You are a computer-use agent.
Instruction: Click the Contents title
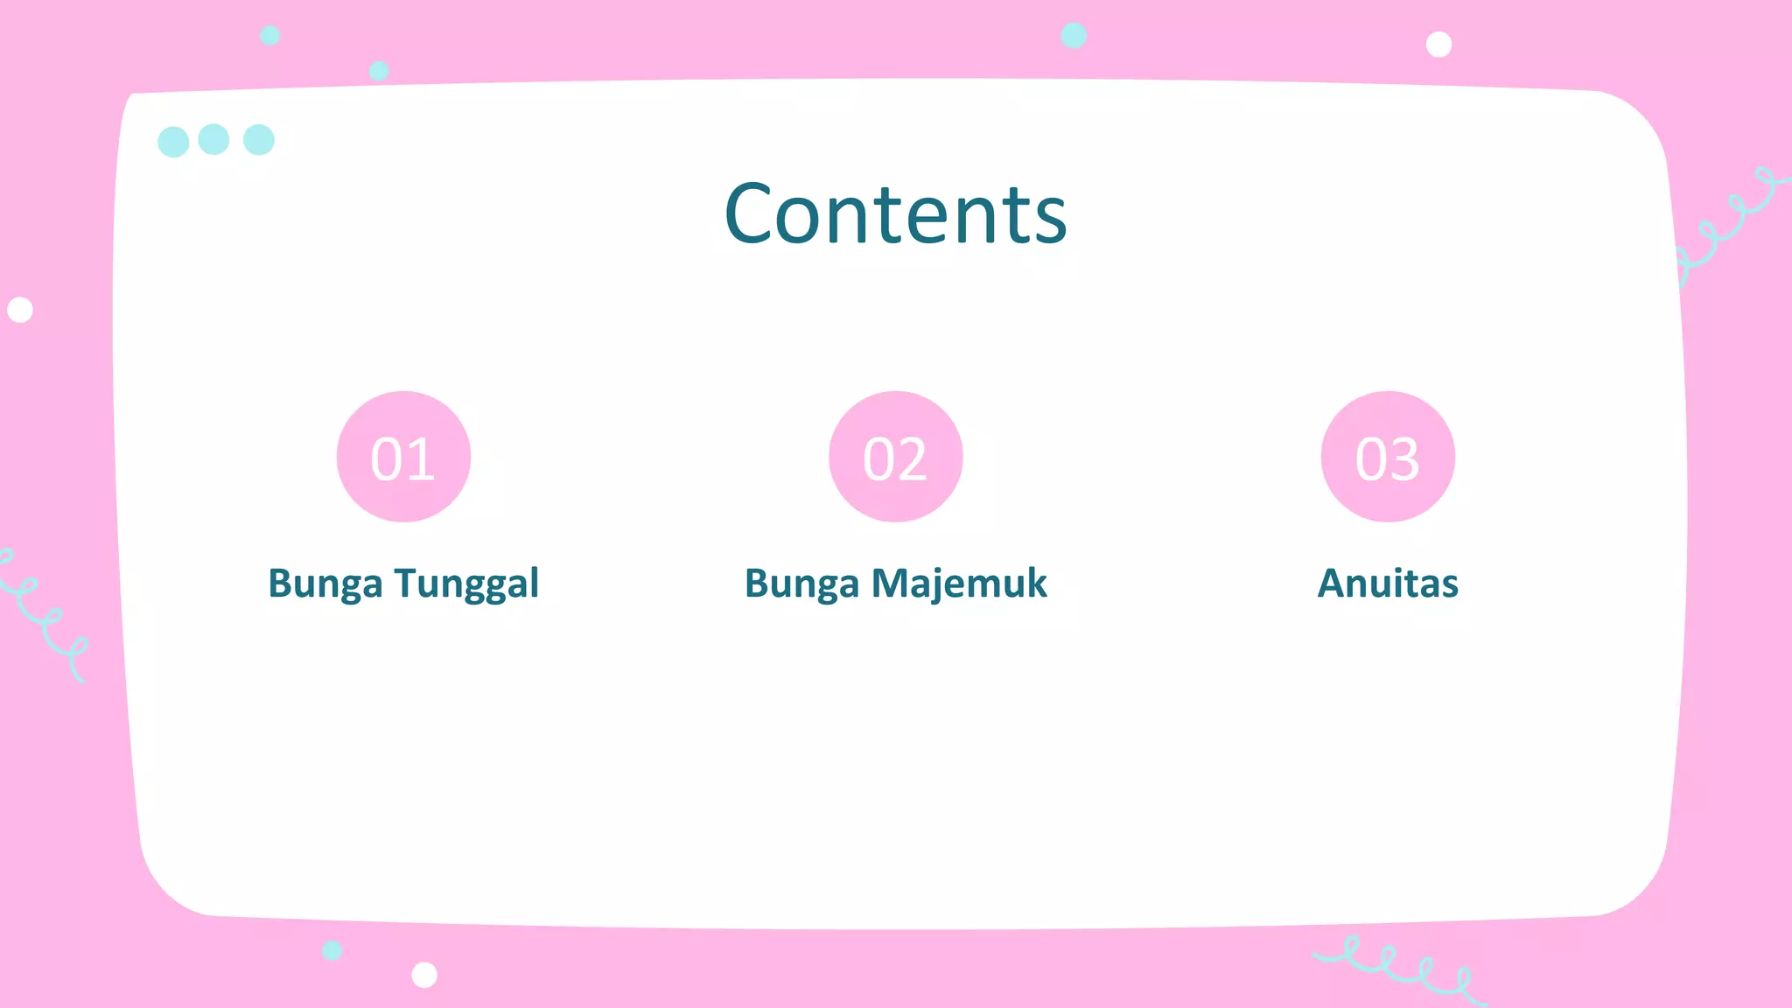[x=895, y=213]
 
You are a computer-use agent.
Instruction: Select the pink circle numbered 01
[x=403, y=457]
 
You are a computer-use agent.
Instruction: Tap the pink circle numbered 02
[x=895, y=457]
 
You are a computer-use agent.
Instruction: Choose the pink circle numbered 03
[x=1388, y=457]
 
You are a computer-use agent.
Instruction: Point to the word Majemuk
[x=959, y=584]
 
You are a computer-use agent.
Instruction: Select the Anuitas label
[x=1388, y=584]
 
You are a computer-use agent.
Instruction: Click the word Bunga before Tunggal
[x=325, y=584]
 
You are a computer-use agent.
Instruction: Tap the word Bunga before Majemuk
[x=801, y=584]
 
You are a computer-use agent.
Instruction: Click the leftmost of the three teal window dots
[x=173, y=142]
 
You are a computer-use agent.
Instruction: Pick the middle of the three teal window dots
[x=213, y=139]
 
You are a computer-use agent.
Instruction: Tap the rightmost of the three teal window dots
[x=259, y=139]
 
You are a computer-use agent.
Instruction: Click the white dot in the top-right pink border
[x=1438, y=44]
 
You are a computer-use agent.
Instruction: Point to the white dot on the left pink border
[x=20, y=310]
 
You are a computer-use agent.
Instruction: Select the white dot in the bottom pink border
[x=424, y=974]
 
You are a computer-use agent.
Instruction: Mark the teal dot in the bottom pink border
[x=332, y=950]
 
